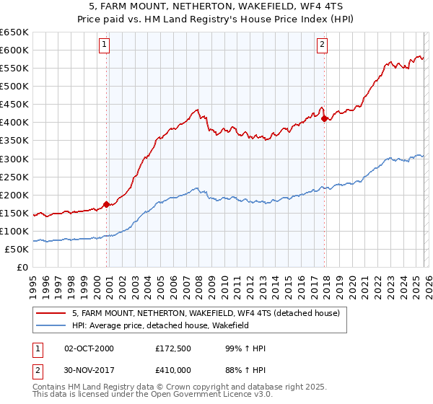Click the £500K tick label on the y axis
[14, 86]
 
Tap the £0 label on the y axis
[24, 267]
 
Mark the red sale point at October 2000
[107, 204]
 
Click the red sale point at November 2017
[325, 118]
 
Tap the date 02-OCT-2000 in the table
[89, 349]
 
